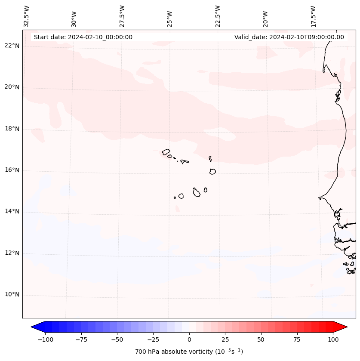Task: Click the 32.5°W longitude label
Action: (x=27, y=16)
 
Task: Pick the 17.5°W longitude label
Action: (x=313, y=16)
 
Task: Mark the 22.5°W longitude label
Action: (x=218, y=16)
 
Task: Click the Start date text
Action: (x=83, y=37)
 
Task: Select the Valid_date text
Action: (x=289, y=37)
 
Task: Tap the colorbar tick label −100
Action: (x=45, y=339)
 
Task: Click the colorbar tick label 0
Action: (x=189, y=339)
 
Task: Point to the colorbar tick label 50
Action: (x=261, y=339)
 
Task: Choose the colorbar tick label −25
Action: (x=153, y=339)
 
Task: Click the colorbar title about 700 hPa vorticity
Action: (x=189, y=352)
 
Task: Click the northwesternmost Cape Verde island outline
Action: (x=166, y=152)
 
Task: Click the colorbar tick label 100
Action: (x=333, y=339)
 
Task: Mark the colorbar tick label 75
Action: (x=297, y=339)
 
